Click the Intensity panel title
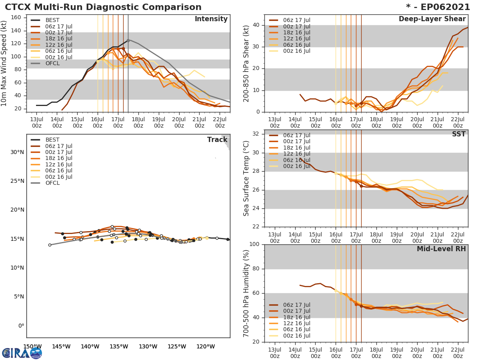pyautogui.click(x=211, y=19)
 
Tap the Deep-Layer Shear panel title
pyautogui.click(x=432, y=19)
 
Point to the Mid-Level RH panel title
pyautogui.click(x=441, y=249)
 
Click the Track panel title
pyautogui.click(x=217, y=140)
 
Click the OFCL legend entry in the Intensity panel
pyautogui.click(x=53, y=63)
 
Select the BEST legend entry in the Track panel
pyautogui.click(x=53, y=140)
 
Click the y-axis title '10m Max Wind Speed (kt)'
pyautogui.click(x=5, y=63)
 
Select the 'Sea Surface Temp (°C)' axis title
pyautogui.click(x=247, y=178)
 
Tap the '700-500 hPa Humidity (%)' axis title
pyautogui.click(x=247, y=293)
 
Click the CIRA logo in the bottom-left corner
pyautogui.click(x=22, y=353)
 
